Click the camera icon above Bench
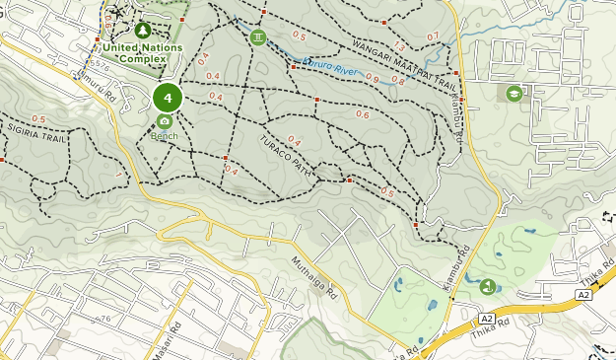pos(164,121)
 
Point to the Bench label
pos(164,135)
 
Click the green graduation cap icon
pos(513,94)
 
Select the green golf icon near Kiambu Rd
pos(488,287)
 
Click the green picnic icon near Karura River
pos(258,37)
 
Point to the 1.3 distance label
pos(398,46)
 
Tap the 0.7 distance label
pos(433,36)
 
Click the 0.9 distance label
pos(372,78)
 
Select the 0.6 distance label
pos(362,114)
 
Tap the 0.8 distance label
pos(398,81)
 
